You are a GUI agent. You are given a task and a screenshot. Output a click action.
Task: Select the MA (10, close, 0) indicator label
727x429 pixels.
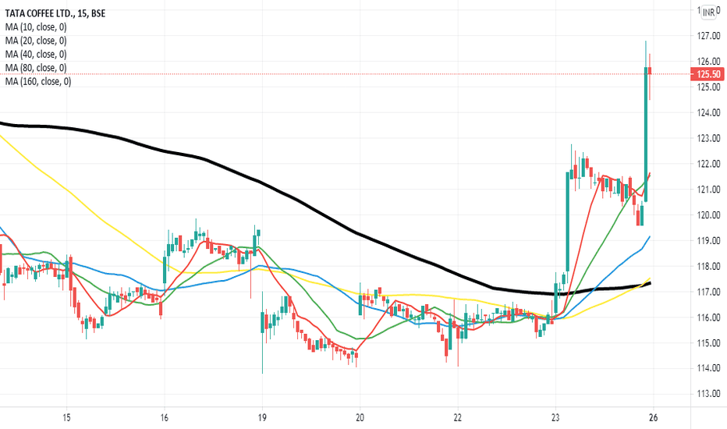(x=37, y=27)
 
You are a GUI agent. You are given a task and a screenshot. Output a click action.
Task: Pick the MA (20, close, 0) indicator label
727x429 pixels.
(x=37, y=41)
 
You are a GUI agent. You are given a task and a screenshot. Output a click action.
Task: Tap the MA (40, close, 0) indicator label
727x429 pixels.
(x=37, y=54)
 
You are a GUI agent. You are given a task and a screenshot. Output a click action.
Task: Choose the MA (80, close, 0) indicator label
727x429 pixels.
(x=37, y=68)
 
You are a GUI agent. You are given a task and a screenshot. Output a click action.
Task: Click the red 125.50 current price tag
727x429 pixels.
(x=708, y=74)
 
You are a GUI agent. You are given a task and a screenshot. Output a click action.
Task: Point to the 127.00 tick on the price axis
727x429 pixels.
(x=707, y=36)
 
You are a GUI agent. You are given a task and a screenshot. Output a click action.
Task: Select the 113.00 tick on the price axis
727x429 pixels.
(x=707, y=394)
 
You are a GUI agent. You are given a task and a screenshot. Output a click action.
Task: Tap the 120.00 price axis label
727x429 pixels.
(x=707, y=215)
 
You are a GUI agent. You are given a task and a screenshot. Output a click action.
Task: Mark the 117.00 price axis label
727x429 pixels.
(x=707, y=292)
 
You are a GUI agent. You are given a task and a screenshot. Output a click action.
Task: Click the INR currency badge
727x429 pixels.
(x=708, y=12)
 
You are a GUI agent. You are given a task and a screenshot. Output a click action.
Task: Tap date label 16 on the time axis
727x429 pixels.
(x=165, y=417)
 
